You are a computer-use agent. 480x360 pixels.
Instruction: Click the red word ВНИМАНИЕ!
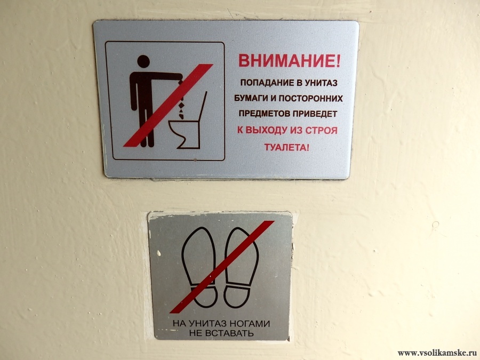(x=289, y=60)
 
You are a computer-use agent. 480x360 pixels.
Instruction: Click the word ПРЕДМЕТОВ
(x=265, y=114)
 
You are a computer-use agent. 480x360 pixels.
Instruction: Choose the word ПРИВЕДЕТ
(x=315, y=114)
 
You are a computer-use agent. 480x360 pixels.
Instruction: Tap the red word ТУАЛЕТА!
(x=287, y=147)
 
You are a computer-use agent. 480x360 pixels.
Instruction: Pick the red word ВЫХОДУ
(x=266, y=131)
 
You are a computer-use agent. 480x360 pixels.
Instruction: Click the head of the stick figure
(x=143, y=61)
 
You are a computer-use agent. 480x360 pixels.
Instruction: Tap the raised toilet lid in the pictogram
(x=203, y=107)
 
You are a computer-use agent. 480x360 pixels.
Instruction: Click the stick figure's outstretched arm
(x=165, y=76)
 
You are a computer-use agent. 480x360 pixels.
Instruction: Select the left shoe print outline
(x=199, y=267)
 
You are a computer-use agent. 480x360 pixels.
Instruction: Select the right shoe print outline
(x=242, y=268)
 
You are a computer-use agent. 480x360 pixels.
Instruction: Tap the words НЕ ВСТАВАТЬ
(x=221, y=333)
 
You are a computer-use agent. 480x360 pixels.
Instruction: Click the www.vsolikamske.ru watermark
(x=437, y=353)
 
